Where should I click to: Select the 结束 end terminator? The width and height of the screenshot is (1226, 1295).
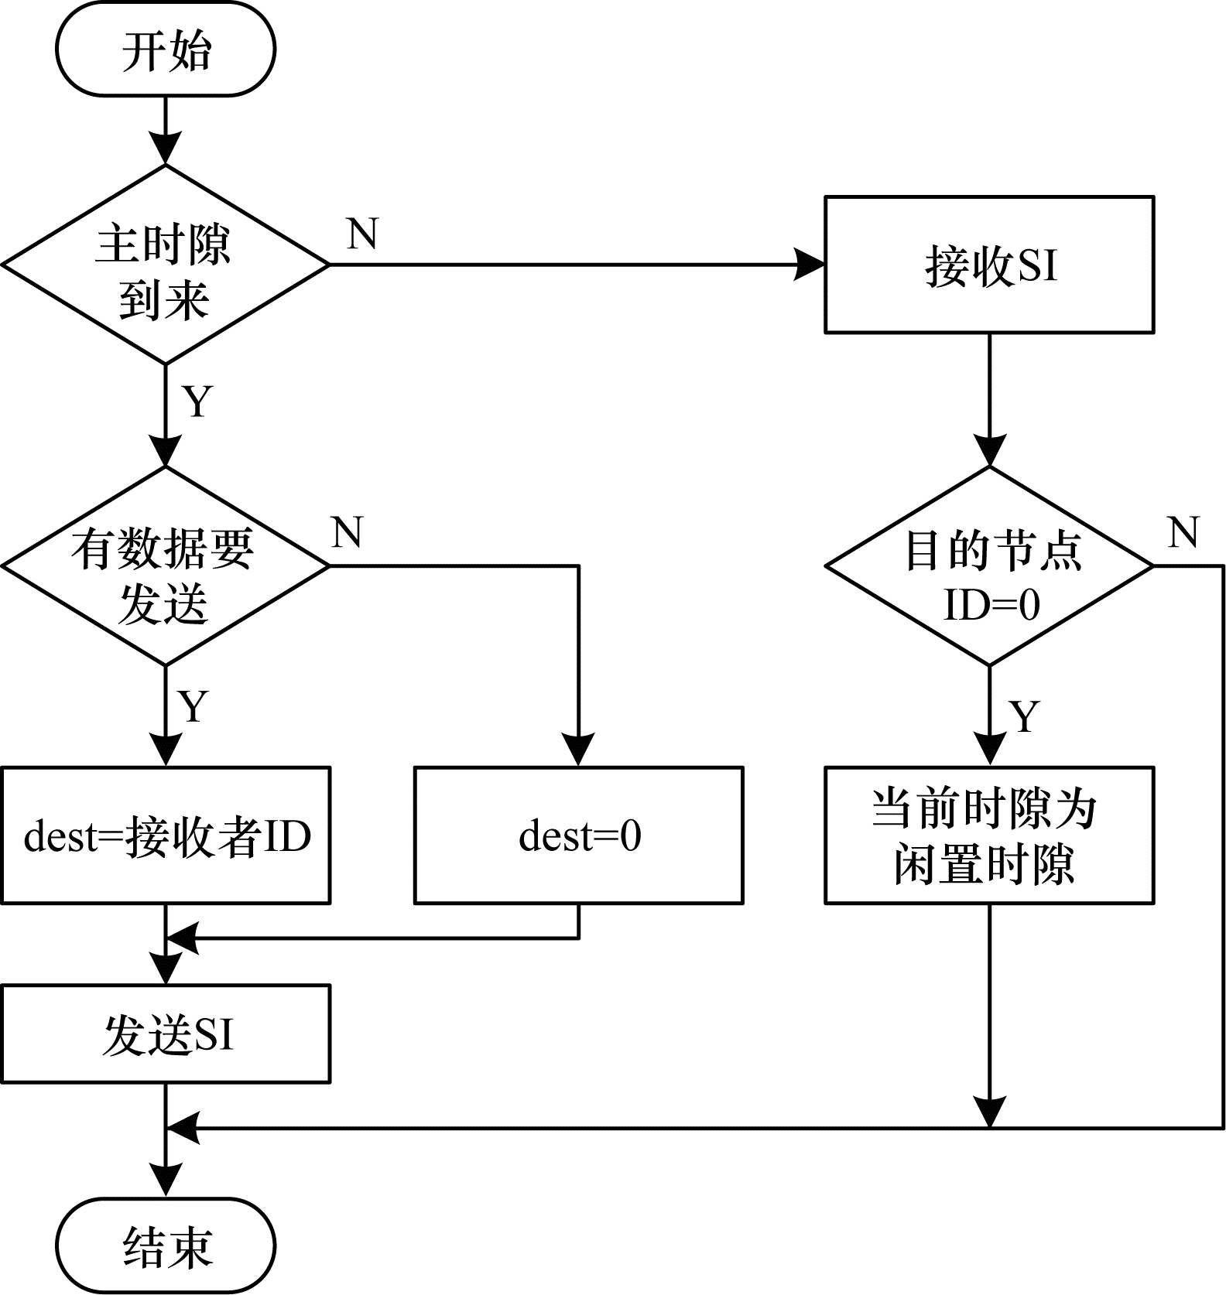[166, 1245]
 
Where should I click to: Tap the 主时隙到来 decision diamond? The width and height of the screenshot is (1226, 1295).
[166, 265]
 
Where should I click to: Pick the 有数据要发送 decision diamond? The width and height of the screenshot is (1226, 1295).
[166, 566]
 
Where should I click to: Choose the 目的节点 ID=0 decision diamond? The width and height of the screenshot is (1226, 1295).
[989, 566]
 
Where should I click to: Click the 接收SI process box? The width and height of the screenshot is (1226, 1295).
[989, 265]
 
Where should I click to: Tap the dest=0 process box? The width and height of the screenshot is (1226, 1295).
[579, 835]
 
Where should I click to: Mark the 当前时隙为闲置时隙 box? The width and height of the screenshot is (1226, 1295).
[989, 835]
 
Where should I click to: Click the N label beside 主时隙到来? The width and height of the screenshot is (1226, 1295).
[362, 233]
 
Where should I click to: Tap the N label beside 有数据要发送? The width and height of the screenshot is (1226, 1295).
[347, 533]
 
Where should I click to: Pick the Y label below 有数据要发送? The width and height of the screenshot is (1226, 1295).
[193, 706]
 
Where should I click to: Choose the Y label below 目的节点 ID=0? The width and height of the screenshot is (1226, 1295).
[1025, 717]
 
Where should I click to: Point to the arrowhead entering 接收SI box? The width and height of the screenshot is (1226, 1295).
[811, 265]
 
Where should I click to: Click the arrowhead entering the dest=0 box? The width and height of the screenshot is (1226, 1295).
[579, 750]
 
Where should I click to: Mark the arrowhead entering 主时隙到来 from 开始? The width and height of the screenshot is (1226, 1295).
[166, 149]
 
